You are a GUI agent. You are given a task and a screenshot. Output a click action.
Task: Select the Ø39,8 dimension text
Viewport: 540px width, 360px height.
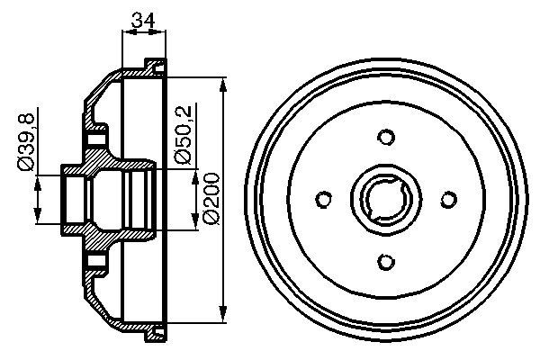click(26, 141)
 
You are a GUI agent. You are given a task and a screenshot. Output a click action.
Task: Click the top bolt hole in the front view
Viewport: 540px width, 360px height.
click(387, 138)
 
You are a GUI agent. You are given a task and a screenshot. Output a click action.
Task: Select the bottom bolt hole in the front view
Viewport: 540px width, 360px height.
click(387, 261)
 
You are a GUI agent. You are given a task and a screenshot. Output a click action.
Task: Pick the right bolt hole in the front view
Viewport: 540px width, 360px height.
click(448, 200)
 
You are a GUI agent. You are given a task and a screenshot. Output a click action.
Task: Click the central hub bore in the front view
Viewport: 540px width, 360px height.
click(387, 200)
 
